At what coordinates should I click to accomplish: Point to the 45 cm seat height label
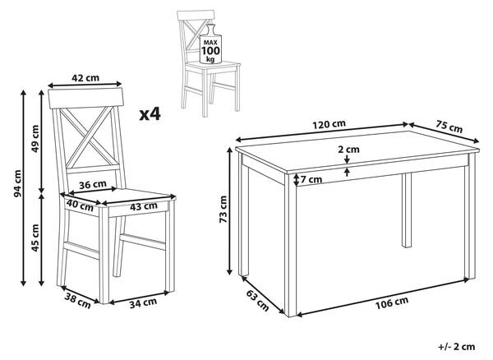35,239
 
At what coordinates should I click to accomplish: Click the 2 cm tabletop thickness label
348,150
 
